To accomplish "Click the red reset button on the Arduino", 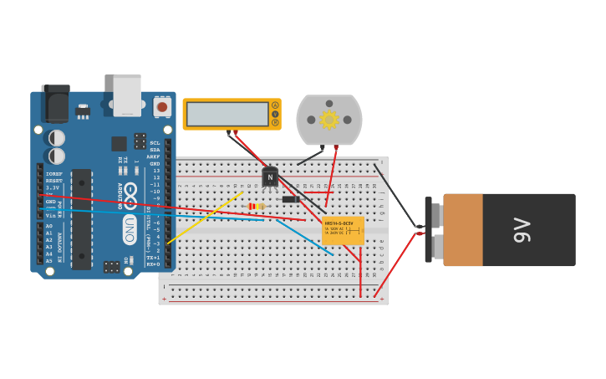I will tap(161, 106).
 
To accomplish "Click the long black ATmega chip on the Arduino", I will tap(81, 219).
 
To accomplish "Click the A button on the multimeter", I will tap(275, 105).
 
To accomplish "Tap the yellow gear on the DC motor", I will tap(328, 120).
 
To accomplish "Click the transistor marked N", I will tap(270, 177).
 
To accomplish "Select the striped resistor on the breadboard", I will tap(257, 206).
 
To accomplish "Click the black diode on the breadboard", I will tap(290, 199).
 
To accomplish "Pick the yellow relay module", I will tap(343, 230).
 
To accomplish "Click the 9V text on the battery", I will tap(521, 230).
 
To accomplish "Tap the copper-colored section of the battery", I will tap(463, 230).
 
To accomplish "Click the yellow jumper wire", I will tap(205, 218).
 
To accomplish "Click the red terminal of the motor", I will tap(336, 147).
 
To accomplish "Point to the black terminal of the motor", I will tap(323, 148).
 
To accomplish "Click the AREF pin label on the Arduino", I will tap(153, 156).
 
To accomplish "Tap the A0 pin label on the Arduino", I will tap(48, 226).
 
